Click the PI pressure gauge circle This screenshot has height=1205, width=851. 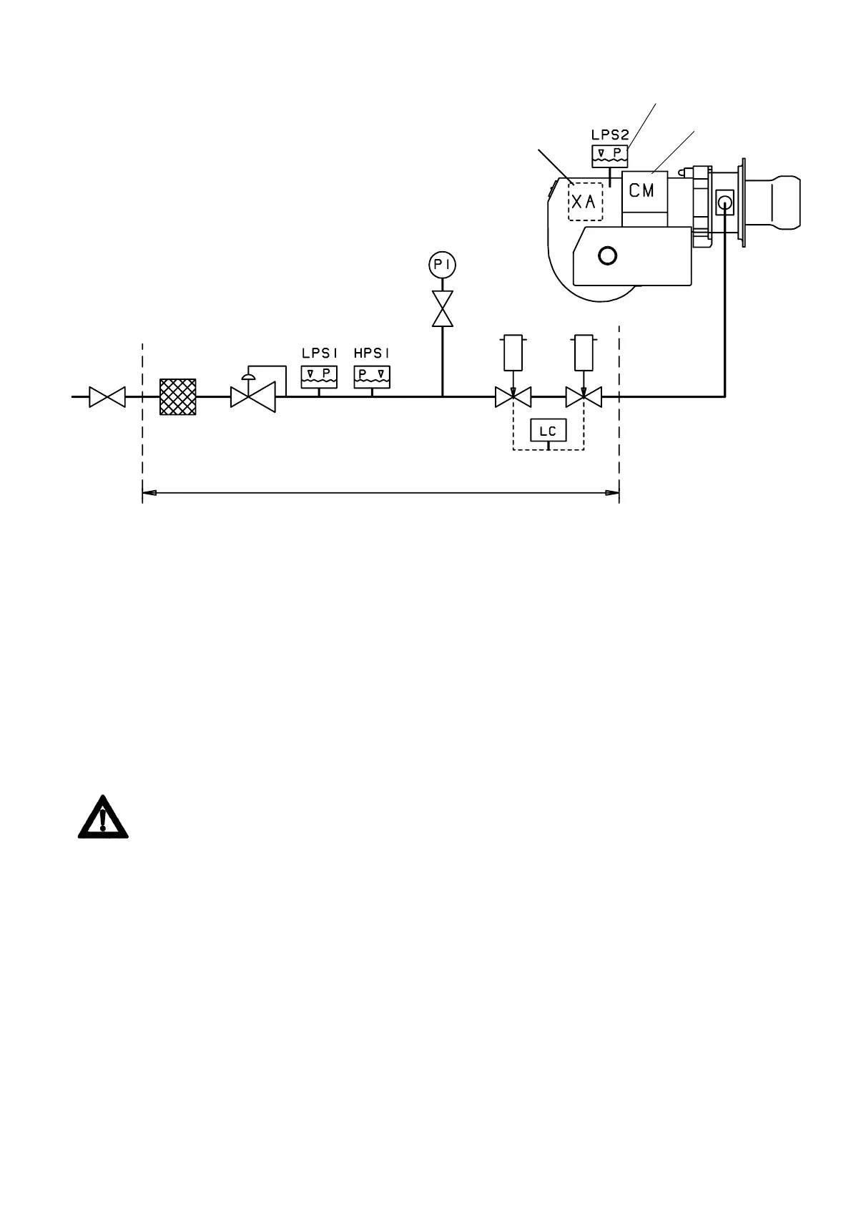pyautogui.click(x=443, y=265)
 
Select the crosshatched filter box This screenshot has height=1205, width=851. pyautogui.click(x=177, y=396)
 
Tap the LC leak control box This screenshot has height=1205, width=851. pyautogui.click(x=548, y=431)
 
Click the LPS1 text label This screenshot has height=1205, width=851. pyautogui.click(x=319, y=353)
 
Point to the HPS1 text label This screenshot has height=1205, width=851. pyautogui.click(x=372, y=353)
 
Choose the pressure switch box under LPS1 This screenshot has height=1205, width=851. pyautogui.click(x=319, y=375)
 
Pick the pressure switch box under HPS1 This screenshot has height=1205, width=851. pyautogui.click(x=372, y=375)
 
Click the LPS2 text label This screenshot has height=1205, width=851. pyautogui.click(x=609, y=134)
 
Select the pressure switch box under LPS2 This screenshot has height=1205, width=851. pyautogui.click(x=609, y=155)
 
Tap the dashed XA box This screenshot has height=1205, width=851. pyautogui.click(x=585, y=202)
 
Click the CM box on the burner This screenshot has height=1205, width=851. pyautogui.click(x=644, y=191)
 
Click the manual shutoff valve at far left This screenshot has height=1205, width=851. pyautogui.click(x=107, y=396)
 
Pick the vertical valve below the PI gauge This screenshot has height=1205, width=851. pyautogui.click(x=443, y=308)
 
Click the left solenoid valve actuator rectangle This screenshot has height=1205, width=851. pyautogui.click(x=513, y=353)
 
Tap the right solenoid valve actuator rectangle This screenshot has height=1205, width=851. pyautogui.click(x=584, y=353)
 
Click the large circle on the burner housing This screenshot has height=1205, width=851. pyautogui.click(x=607, y=255)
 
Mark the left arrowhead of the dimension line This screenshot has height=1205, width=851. pyautogui.click(x=149, y=493)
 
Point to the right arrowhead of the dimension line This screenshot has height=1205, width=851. pyautogui.click(x=612, y=493)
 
